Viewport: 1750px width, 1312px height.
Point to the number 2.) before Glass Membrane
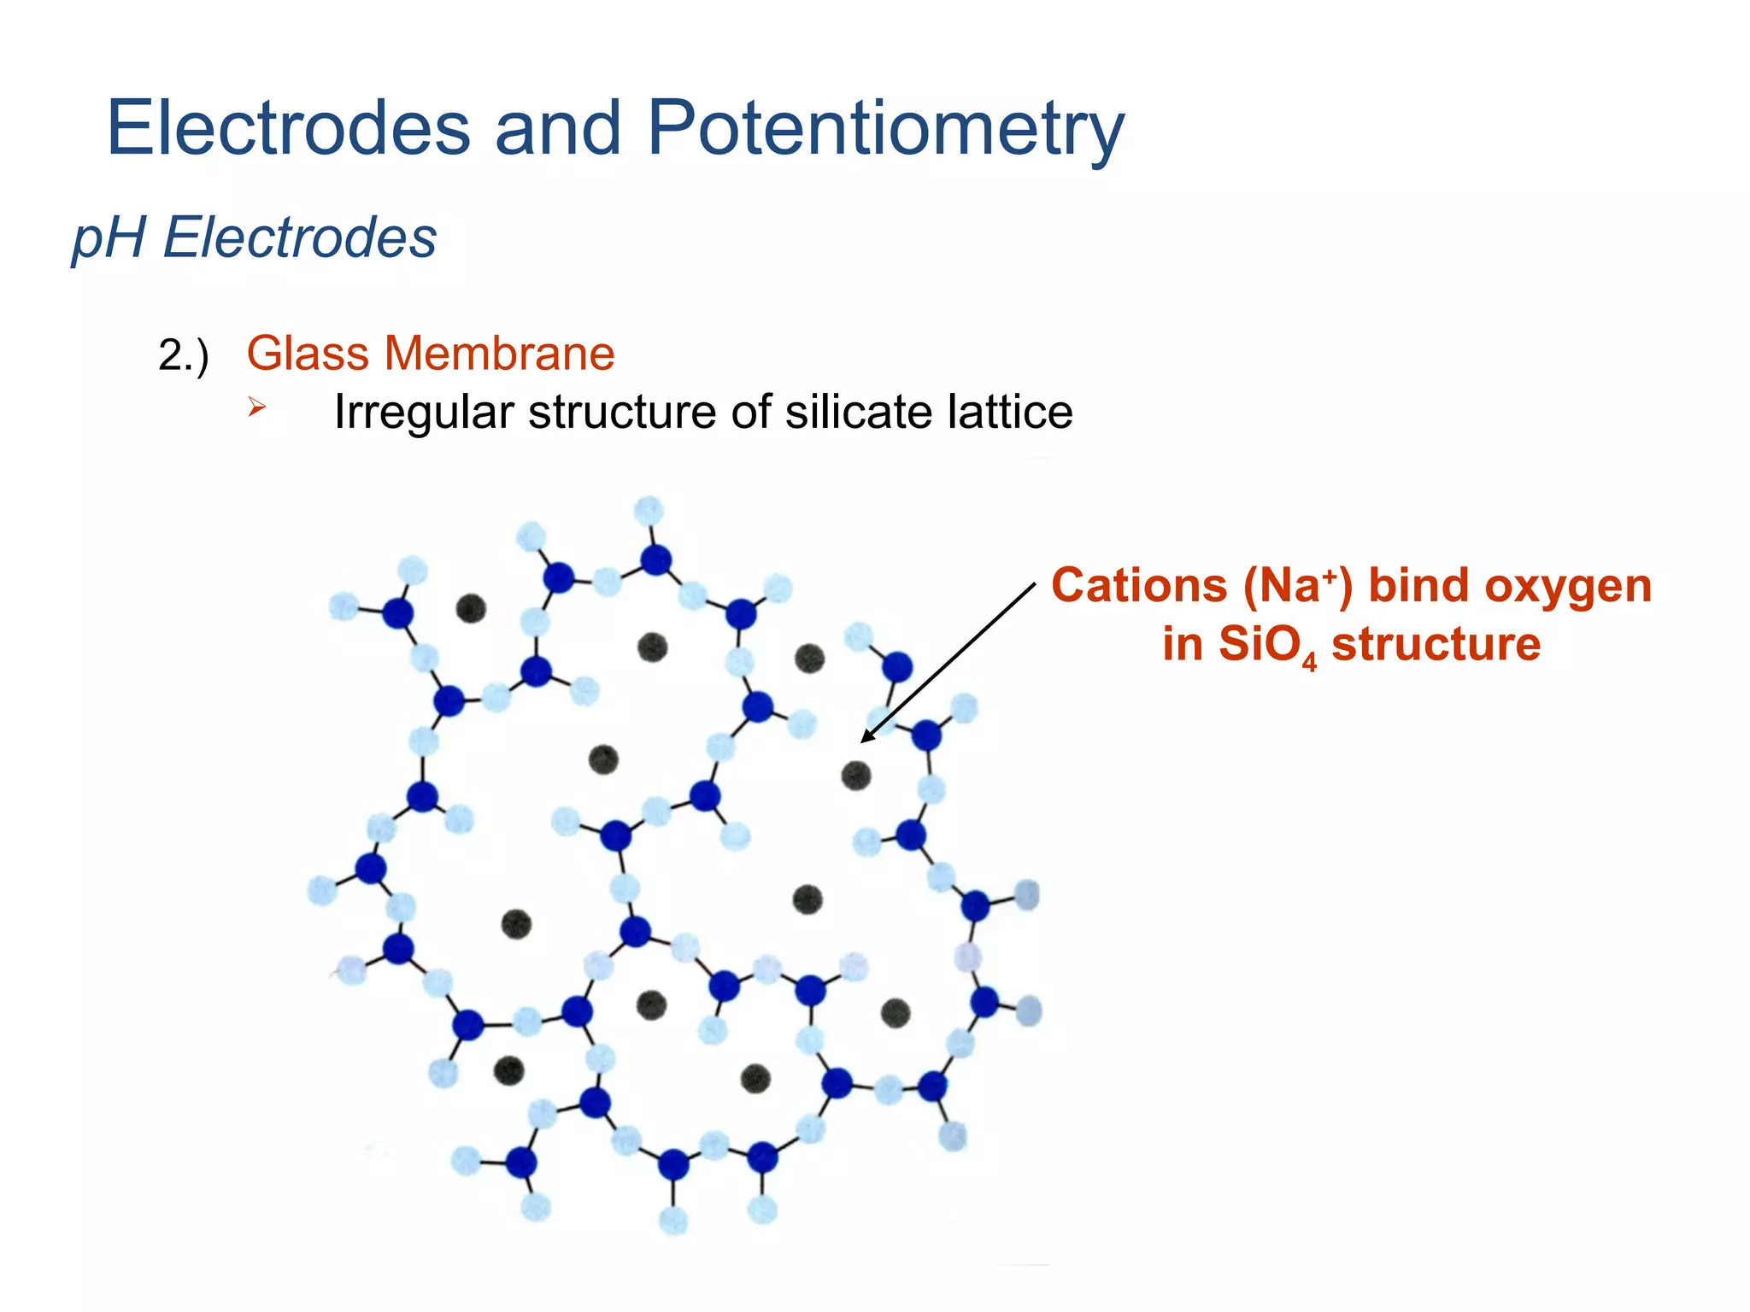pos(183,355)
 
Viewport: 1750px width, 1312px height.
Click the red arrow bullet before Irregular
pos(256,407)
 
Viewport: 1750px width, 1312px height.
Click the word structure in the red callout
pos(1436,644)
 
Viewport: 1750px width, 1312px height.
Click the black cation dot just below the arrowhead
pos(855,776)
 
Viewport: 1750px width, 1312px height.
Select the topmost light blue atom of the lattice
pos(649,511)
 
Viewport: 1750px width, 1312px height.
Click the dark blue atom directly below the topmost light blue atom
pos(655,560)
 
